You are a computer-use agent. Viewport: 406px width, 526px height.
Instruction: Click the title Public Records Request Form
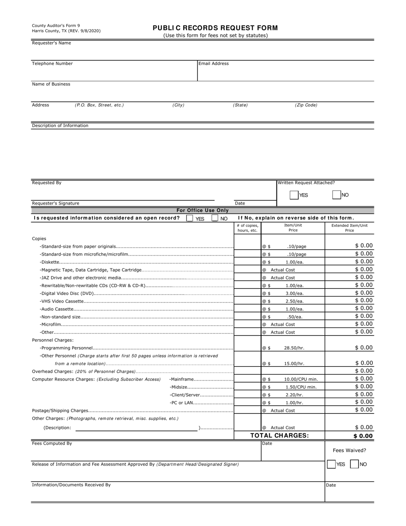tap(215, 28)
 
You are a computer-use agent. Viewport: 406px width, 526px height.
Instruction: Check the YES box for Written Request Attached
tap(294, 195)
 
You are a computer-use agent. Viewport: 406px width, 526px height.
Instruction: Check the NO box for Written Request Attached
tap(337, 195)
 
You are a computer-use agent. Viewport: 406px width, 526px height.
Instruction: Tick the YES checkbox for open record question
tap(190, 218)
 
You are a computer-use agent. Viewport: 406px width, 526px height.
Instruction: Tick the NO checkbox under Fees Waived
tap(354, 464)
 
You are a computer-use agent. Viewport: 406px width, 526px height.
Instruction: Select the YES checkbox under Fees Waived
tap(331, 464)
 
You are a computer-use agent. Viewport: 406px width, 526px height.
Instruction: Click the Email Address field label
tap(214, 64)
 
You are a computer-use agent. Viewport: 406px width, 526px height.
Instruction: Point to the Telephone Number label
tap(52, 64)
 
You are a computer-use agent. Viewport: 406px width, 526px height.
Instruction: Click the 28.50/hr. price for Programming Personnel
tap(294, 348)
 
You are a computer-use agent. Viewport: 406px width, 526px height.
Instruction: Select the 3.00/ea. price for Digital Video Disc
tap(294, 294)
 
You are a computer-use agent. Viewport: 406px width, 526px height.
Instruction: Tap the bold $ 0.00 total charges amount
tap(363, 436)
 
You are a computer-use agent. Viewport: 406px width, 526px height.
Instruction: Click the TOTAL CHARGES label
tap(279, 436)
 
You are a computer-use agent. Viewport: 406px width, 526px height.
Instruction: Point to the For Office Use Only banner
tap(203, 211)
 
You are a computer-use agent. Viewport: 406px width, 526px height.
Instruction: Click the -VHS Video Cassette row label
tap(62, 301)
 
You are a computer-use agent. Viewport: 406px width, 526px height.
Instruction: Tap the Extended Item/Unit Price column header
tap(349, 228)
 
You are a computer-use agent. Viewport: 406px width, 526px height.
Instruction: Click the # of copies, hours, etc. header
tap(247, 228)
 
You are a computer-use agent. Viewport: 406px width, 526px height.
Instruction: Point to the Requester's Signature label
tap(56, 203)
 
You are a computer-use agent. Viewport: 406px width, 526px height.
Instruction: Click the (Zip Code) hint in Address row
tap(306, 105)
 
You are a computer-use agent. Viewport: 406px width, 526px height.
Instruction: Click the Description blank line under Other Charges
tap(136, 428)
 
